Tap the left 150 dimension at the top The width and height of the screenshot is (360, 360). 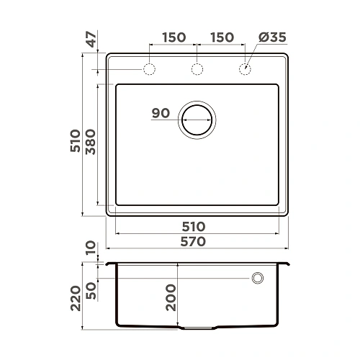pos(174,37)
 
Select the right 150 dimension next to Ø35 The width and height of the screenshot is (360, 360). pos(221,37)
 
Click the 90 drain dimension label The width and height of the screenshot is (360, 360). pos(161,113)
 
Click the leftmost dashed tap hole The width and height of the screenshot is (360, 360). pos(150,70)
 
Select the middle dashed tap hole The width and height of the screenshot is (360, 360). pos(197,70)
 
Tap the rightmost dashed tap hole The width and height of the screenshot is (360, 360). pos(244,70)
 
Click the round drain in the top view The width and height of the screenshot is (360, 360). pos(197,119)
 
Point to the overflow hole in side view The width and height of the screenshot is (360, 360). pos(258,279)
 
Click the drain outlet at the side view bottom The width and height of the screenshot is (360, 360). pos(197,328)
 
